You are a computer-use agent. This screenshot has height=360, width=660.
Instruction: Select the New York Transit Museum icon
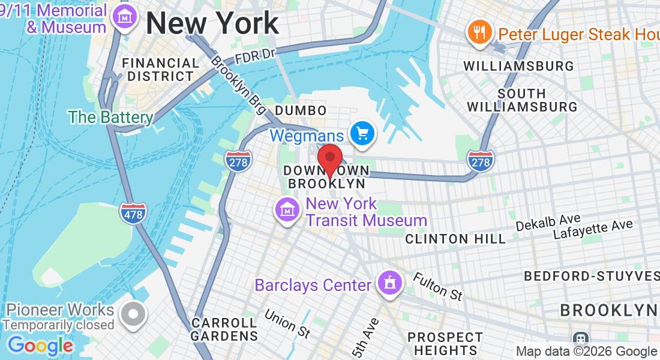pyautogui.click(x=287, y=210)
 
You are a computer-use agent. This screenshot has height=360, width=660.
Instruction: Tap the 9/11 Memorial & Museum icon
pyautogui.click(x=127, y=19)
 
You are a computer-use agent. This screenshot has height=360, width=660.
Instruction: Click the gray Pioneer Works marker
pyautogui.click(x=133, y=314)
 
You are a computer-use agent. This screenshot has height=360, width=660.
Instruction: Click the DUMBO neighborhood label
pyautogui.click(x=301, y=110)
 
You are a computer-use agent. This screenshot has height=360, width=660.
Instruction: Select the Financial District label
pyautogui.click(x=160, y=70)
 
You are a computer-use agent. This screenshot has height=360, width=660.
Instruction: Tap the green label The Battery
pyautogui.click(x=110, y=116)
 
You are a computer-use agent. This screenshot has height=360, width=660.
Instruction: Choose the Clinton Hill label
pyautogui.click(x=455, y=239)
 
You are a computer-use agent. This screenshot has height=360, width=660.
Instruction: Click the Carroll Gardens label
pyautogui.click(x=224, y=329)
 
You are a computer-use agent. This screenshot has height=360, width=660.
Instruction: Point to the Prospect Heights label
pyautogui.click(x=445, y=343)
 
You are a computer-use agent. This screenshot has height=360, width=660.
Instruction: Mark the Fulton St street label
pyautogui.click(x=438, y=286)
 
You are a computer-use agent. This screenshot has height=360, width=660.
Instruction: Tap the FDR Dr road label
pyautogui.click(x=255, y=55)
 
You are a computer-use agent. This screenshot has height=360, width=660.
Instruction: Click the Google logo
pyautogui.click(x=40, y=346)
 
